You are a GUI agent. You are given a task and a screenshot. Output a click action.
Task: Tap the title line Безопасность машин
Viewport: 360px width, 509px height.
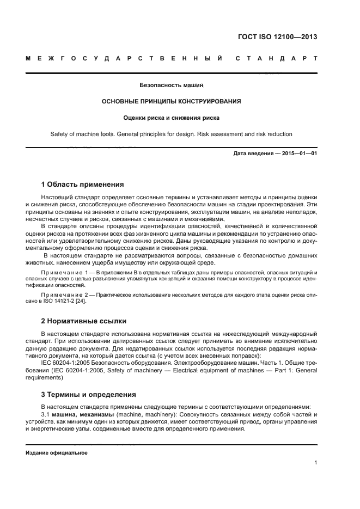coord(171,85)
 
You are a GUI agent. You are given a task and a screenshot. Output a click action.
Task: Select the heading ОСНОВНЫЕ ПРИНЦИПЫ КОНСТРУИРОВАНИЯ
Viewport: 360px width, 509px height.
coord(171,101)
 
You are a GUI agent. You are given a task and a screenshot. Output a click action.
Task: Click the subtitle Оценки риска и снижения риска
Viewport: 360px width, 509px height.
coord(171,117)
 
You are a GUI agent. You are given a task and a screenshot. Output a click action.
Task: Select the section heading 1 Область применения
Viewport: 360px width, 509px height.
coord(83,184)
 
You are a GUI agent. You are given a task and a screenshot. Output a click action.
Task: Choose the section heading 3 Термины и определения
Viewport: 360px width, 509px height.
coord(89,394)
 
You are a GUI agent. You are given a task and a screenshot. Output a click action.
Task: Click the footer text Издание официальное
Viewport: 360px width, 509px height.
coord(57,452)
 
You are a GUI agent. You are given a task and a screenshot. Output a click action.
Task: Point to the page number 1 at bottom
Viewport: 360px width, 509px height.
coord(315,463)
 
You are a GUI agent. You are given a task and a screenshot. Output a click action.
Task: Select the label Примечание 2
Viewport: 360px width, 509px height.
coord(65,295)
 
